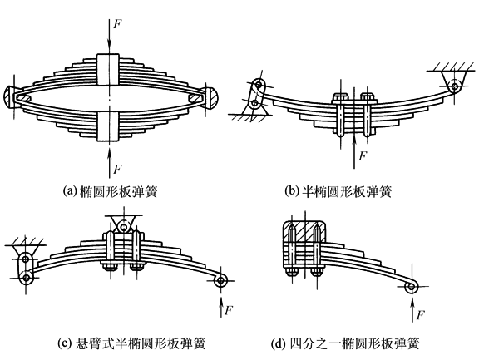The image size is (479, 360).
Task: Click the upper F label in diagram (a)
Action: point(117,24)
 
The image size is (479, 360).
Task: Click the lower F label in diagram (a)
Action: point(117,169)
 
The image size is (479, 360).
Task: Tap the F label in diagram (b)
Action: point(363,156)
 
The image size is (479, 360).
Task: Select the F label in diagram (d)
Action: point(421,314)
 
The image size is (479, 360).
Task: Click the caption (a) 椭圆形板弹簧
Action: point(110,192)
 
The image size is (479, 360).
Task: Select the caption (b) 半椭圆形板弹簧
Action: point(338,192)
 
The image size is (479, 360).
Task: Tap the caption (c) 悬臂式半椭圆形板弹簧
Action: point(131,343)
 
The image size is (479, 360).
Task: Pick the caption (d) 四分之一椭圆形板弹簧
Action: point(345,343)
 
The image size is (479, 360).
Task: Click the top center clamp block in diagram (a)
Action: point(108,69)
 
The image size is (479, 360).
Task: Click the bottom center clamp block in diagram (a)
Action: point(108,126)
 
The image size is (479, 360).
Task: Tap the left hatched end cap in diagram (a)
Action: point(11,96)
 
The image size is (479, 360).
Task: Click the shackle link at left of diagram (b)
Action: point(258,94)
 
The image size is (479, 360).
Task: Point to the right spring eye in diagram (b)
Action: point(455,87)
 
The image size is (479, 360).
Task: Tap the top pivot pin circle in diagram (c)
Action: point(124,228)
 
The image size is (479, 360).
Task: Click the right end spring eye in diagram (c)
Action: point(221,281)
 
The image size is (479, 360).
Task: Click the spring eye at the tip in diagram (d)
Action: point(412,287)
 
